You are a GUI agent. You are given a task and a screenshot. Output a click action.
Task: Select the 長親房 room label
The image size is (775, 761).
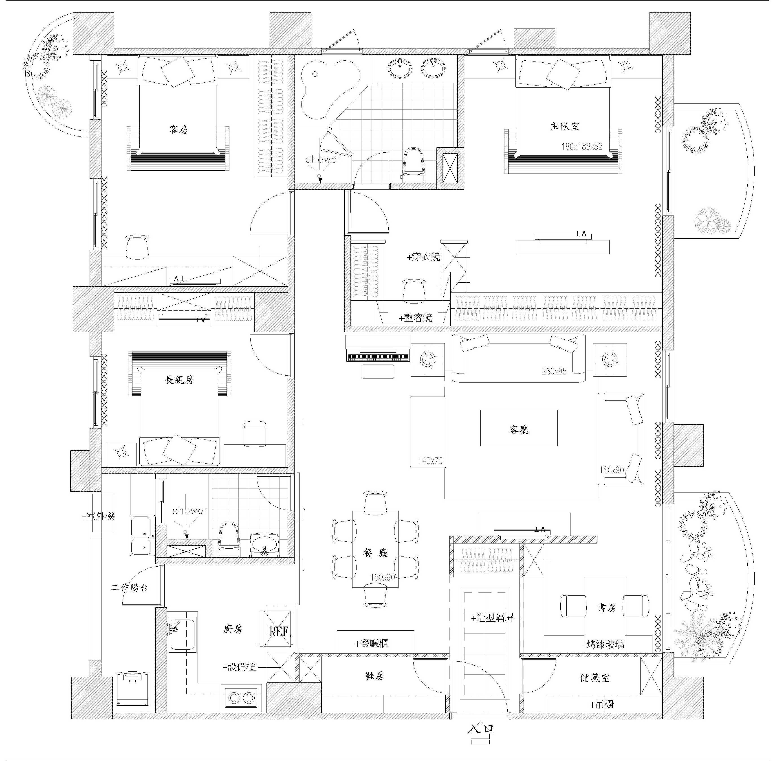(x=179, y=379)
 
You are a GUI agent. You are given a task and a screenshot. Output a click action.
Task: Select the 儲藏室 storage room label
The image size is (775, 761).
(x=595, y=678)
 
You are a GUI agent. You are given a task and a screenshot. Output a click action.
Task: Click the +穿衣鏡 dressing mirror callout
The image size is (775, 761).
(x=423, y=257)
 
